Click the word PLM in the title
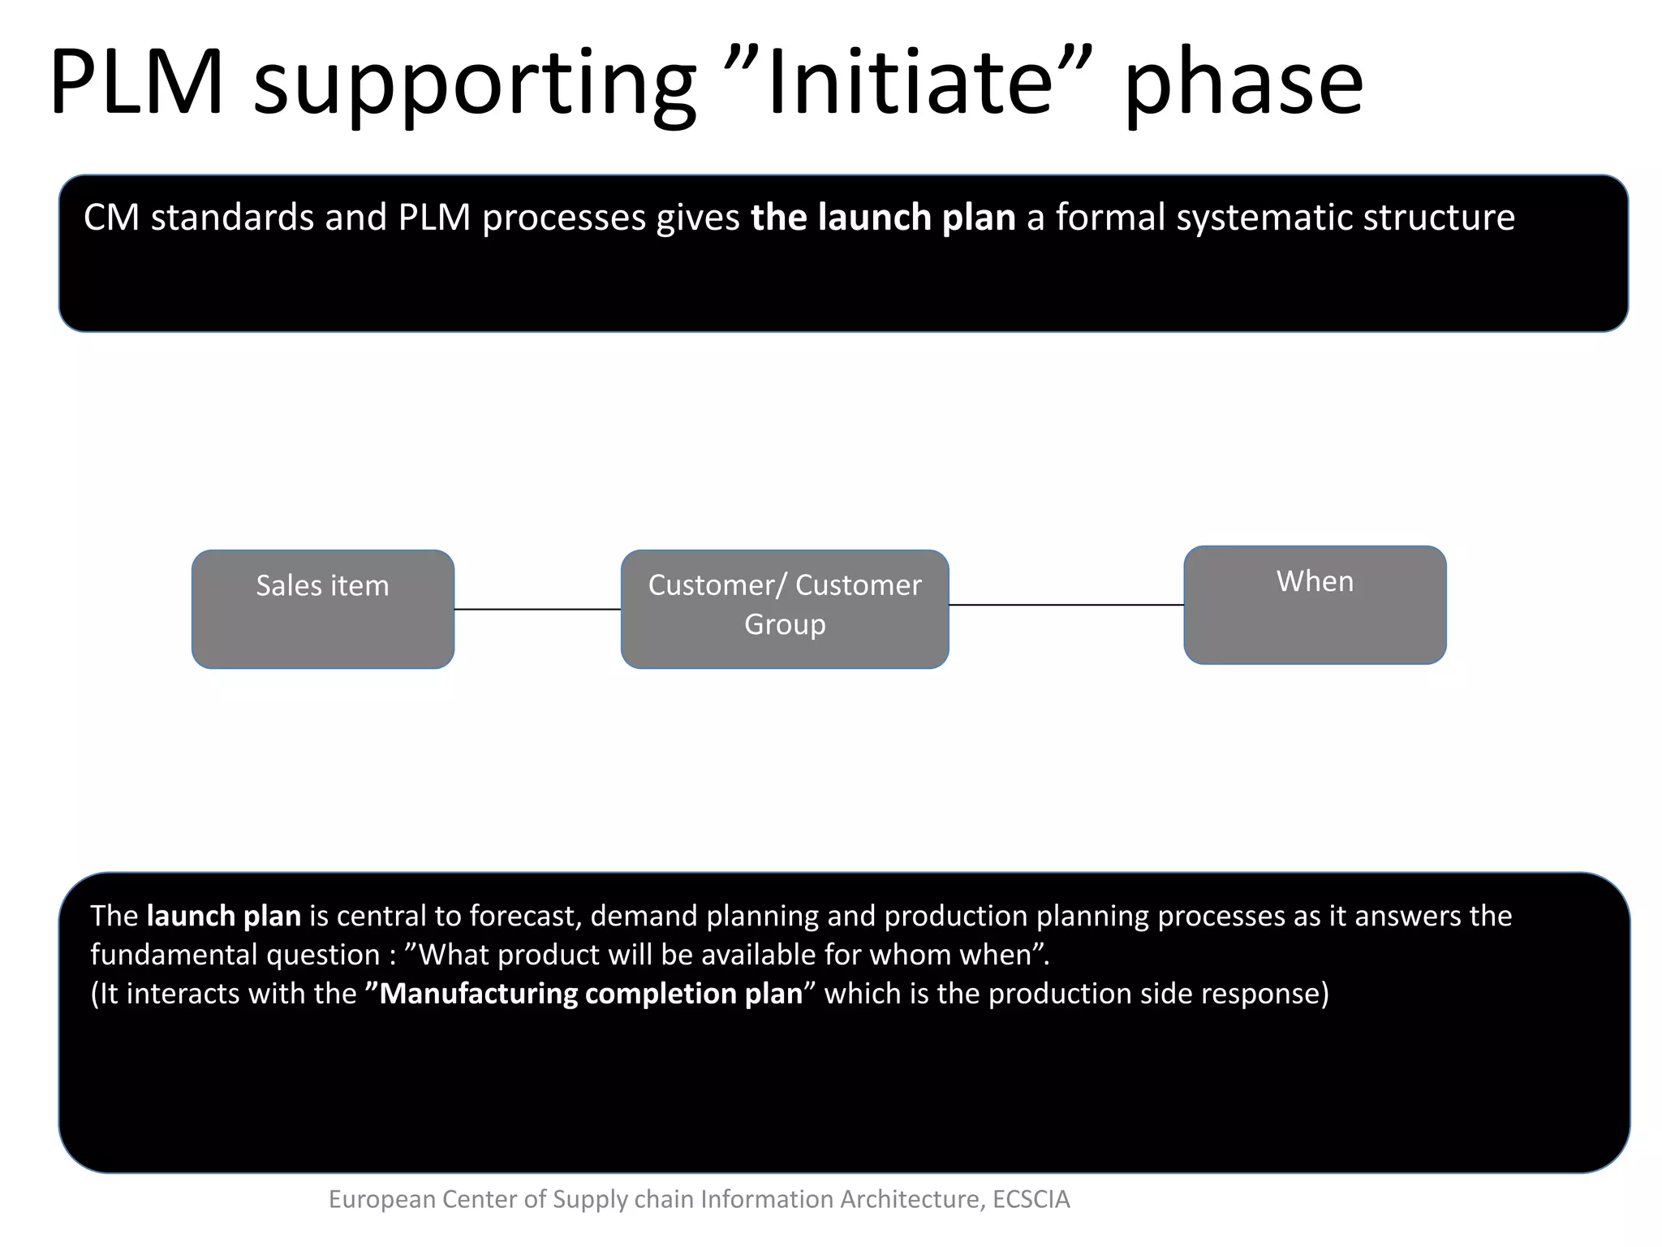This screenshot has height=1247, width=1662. tap(136, 83)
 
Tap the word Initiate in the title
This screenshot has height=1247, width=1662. tap(910, 83)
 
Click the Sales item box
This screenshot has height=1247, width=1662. tap(323, 610)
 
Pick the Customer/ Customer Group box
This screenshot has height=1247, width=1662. tap(785, 610)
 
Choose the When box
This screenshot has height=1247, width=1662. tap(1315, 606)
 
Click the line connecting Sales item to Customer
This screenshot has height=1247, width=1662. tap(537, 609)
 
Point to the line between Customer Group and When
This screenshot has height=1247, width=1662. tap(1066, 605)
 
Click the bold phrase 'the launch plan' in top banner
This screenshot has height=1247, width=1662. tap(883, 218)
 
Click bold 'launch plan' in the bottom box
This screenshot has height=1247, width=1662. tap(224, 916)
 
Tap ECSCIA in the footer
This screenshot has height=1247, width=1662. tap(1031, 1199)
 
